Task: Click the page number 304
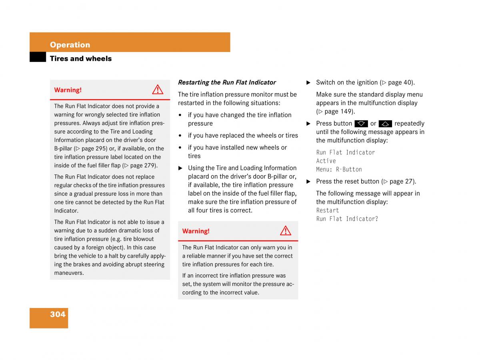pyautogui.click(x=58, y=314)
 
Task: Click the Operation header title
pyautogui.click(x=70, y=45)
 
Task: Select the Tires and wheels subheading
pyautogui.click(x=81, y=59)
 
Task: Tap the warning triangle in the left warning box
pyautogui.click(x=158, y=90)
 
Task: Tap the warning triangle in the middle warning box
pyautogui.click(x=286, y=231)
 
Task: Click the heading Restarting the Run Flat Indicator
pyautogui.click(x=227, y=82)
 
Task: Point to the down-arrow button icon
pyautogui.click(x=361, y=124)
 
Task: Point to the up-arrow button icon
pyautogui.click(x=385, y=124)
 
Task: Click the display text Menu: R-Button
pyautogui.click(x=339, y=169)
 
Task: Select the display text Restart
pyautogui.click(x=328, y=210)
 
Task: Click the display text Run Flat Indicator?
pyautogui.click(x=347, y=219)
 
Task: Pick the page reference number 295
pyautogui.click(x=101, y=148)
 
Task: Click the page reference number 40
pyautogui.click(x=407, y=82)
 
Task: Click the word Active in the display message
pyautogui.click(x=326, y=161)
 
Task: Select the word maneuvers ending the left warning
pyautogui.click(x=68, y=273)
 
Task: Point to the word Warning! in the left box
pyautogui.click(x=68, y=90)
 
